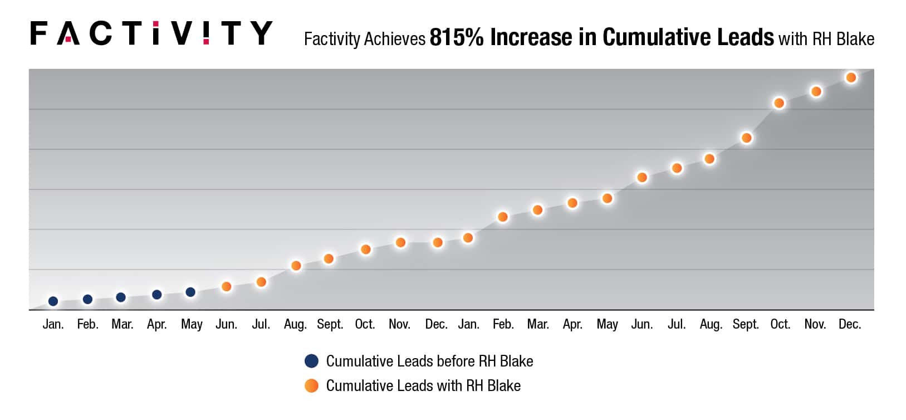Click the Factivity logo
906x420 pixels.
click(151, 33)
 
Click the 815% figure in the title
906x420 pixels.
click(456, 37)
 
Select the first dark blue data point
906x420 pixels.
click(53, 301)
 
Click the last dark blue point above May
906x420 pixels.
click(190, 292)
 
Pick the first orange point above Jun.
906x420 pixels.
click(226, 287)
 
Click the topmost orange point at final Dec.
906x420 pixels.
click(850, 78)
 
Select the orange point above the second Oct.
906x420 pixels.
click(779, 103)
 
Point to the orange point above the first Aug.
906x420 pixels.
click(296, 266)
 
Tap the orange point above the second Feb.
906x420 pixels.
click(502, 217)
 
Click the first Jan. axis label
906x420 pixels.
click(53, 324)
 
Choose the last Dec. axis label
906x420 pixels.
click(850, 324)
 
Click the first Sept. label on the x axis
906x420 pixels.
click(330, 324)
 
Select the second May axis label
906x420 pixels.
click(607, 324)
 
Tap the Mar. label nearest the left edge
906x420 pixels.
click(122, 324)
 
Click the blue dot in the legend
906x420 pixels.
click(311, 361)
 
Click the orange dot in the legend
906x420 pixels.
click(311, 385)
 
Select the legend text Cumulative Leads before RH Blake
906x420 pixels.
click(429, 362)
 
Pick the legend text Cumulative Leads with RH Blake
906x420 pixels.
click(423, 386)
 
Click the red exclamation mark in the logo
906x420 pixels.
click(207, 33)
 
